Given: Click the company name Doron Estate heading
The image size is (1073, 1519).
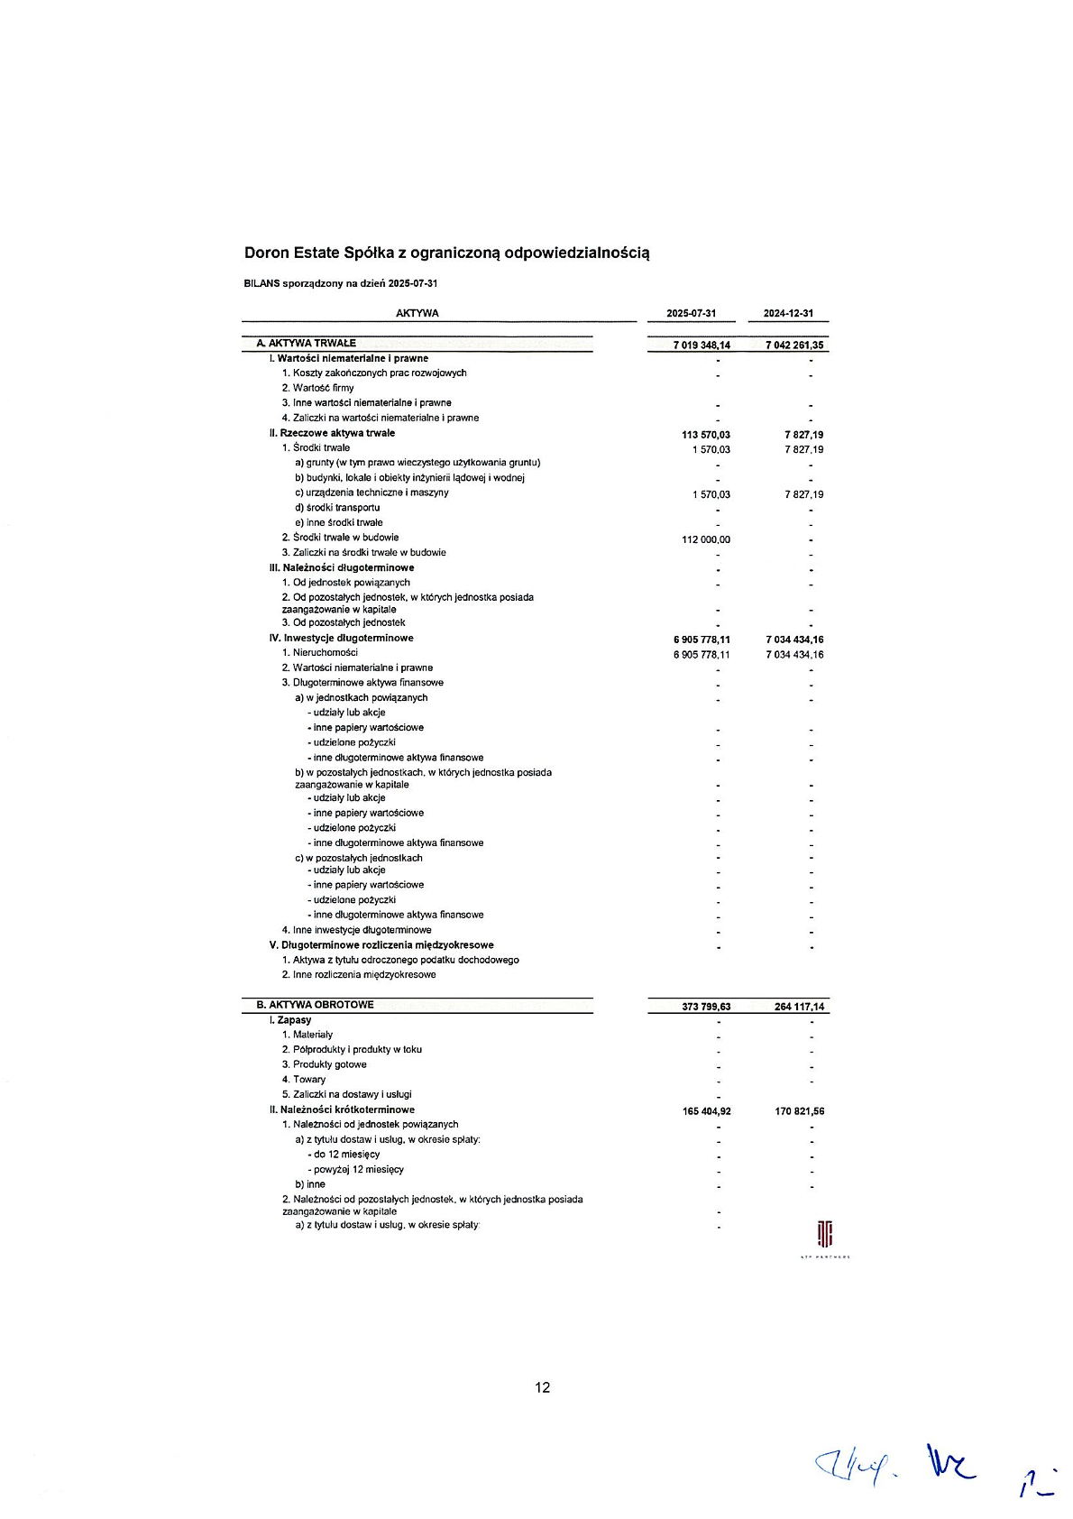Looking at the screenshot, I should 446,253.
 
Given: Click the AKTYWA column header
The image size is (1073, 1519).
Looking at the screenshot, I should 417,314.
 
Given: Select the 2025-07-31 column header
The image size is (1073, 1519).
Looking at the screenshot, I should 691,314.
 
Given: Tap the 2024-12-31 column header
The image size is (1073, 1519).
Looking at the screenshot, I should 788,314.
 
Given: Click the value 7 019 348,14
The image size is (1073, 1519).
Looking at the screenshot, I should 702,345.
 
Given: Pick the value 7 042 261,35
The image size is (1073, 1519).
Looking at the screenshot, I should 794,345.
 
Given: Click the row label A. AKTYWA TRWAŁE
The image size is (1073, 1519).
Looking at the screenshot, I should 307,344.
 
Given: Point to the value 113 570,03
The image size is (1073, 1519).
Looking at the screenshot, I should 706,435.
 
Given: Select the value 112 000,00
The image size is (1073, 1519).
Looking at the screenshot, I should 706,539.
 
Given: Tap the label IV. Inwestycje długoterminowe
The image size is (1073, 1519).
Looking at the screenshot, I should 341,639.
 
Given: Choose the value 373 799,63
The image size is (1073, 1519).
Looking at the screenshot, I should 706,1007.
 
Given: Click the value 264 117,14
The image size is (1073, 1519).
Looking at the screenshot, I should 799,1007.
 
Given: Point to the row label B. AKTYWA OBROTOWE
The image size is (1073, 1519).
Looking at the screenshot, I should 315,1005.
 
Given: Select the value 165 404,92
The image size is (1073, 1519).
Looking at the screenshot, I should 706,1111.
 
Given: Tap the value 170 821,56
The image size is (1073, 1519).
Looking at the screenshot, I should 799,1111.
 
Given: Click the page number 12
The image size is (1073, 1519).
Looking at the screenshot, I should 542,1387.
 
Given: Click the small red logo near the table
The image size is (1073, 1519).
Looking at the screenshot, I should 824,1233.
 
